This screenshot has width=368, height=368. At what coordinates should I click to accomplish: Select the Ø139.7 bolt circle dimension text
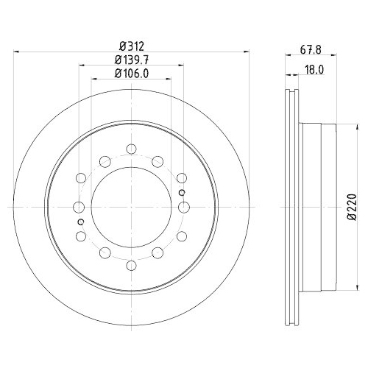point(130,59)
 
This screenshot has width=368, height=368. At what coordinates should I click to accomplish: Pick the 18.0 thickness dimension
point(316,72)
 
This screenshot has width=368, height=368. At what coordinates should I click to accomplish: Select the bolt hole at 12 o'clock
point(131,150)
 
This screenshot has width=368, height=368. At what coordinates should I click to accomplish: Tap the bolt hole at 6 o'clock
point(131,263)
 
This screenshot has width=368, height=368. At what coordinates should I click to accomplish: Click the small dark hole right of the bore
point(181,193)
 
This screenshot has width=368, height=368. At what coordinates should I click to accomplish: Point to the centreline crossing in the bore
point(131,207)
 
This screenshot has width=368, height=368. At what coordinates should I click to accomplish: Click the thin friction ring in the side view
point(289,207)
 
